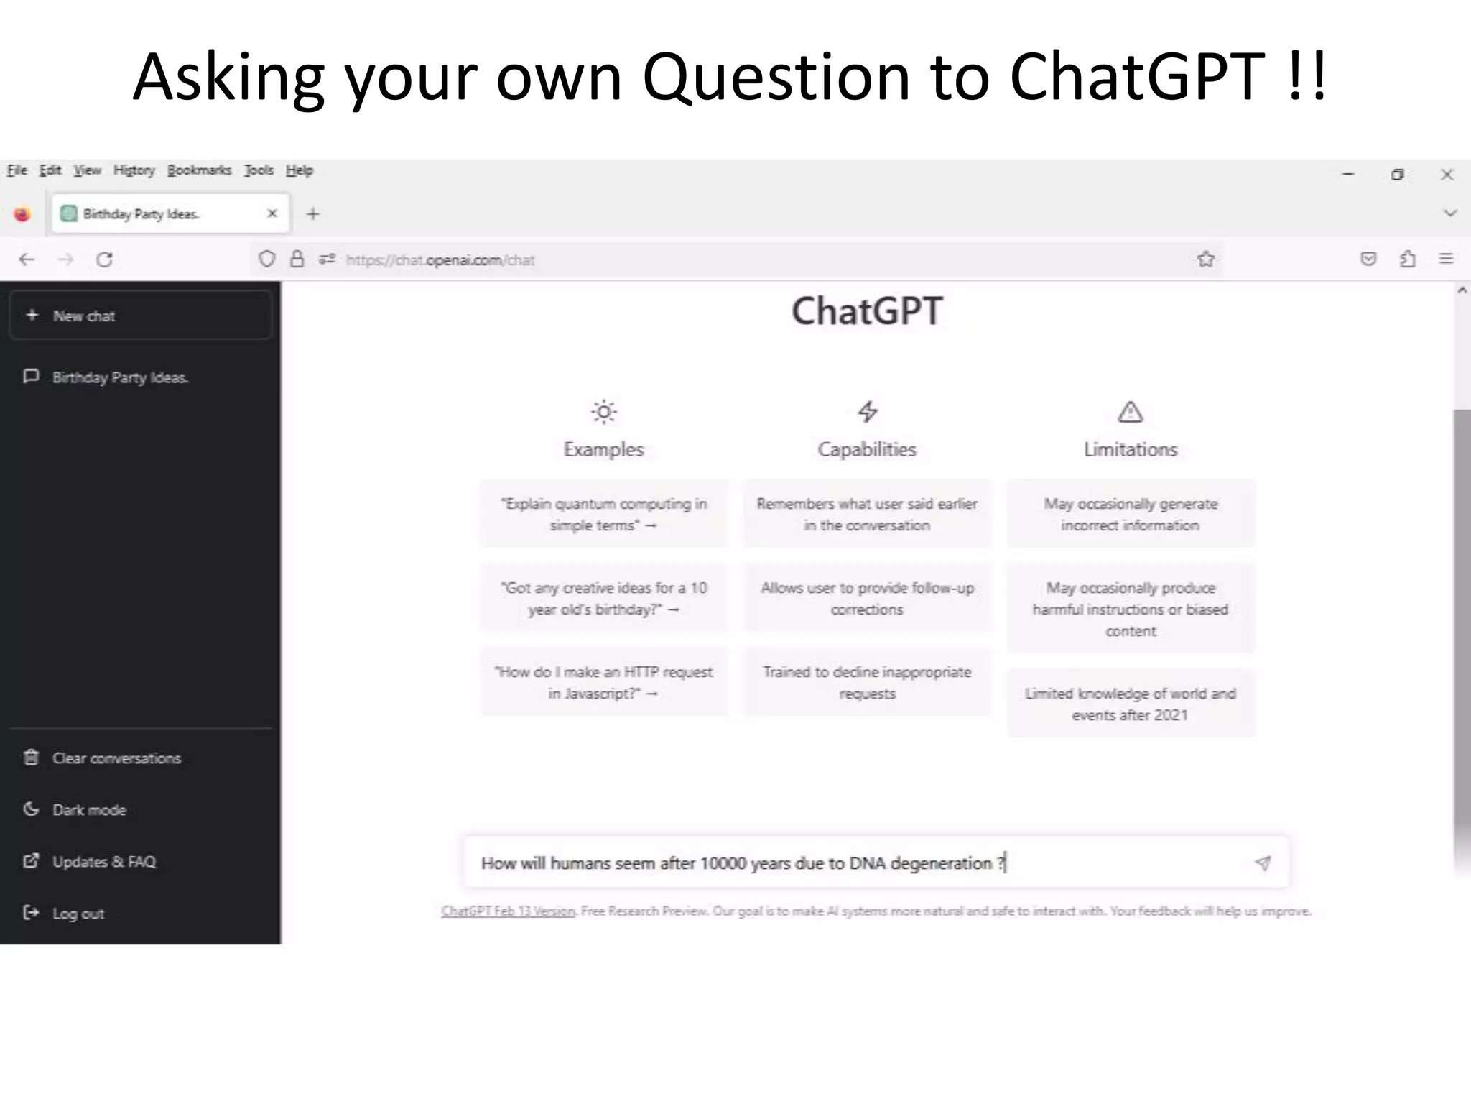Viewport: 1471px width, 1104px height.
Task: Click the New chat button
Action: [x=141, y=316]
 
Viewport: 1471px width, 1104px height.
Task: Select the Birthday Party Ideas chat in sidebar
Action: [x=119, y=377]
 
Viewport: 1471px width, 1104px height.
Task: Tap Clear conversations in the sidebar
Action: [x=116, y=758]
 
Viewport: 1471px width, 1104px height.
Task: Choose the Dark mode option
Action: [x=88, y=810]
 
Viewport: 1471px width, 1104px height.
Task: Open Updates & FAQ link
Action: [x=103, y=862]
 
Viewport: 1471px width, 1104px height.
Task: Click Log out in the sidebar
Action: [x=78, y=914]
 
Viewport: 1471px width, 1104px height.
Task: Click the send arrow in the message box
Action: [x=1263, y=862]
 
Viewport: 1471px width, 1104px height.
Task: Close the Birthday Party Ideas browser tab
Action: [x=272, y=213]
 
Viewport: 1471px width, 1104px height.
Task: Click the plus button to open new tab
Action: [x=312, y=213]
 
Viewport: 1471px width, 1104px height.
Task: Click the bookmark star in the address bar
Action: [x=1206, y=259]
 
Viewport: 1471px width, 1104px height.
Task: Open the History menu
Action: [x=134, y=170]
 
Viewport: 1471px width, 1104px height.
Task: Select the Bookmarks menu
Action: [x=199, y=170]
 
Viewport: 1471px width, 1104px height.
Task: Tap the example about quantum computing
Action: [x=604, y=514]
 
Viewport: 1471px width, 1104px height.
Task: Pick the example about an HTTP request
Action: [x=604, y=682]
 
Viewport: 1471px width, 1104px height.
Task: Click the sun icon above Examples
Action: [x=604, y=412]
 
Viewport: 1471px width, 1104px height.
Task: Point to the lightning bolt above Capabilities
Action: [x=868, y=412]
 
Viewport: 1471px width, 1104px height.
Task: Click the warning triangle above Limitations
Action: [x=1131, y=412]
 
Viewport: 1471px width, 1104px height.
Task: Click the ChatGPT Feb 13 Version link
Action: [x=509, y=911]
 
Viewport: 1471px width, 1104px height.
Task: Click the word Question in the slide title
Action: [x=776, y=77]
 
